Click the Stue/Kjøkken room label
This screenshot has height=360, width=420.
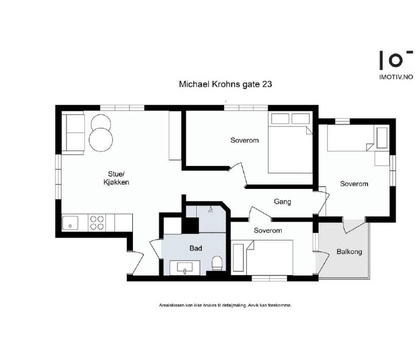click(x=116, y=178)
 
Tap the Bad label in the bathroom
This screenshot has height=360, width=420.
click(x=196, y=248)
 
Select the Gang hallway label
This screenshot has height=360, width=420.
click(x=282, y=201)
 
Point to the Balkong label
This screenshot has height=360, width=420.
click(x=349, y=251)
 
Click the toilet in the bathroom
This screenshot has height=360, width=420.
click(x=217, y=263)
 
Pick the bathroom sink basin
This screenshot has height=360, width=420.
click(x=185, y=267)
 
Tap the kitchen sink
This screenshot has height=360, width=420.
click(x=70, y=223)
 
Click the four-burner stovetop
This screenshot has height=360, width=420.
click(x=97, y=222)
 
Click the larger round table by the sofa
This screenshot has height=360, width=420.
click(x=101, y=140)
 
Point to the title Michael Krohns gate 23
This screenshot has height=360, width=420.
click(x=226, y=84)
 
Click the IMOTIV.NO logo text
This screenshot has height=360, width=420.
click(x=396, y=77)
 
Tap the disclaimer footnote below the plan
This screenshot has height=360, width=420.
click(x=225, y=305)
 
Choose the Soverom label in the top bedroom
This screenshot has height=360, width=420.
click(x=245, y=140)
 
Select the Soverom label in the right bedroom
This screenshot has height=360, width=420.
click(x=354, y=184)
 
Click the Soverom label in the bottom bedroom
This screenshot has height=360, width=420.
click(x=268, y=230)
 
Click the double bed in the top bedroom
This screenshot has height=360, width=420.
click(x=290, y=143)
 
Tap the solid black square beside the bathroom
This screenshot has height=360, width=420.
click(x=190, y=225)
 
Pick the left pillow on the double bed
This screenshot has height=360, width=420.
click(x=280, y=118)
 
